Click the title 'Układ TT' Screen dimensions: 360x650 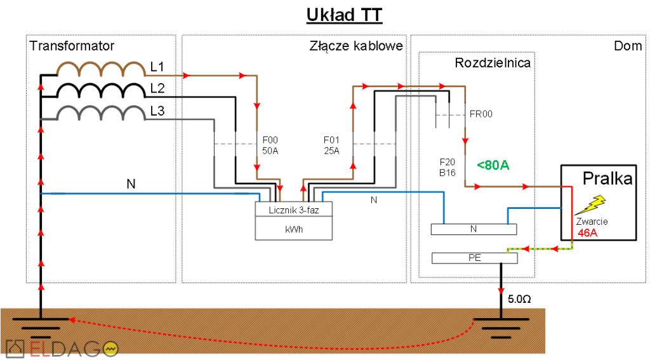click(344, 15)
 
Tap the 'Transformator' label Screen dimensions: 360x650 click(72, 46)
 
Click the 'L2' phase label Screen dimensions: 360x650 click(157, 89)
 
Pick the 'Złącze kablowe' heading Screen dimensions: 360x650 click(356, 46)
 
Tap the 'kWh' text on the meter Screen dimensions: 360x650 click(294, 229)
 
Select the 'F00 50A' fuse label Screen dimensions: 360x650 click(270, 145)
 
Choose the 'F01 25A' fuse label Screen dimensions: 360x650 click(331, 145)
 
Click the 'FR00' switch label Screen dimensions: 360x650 click(481, 114)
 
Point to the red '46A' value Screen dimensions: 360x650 click(588, 232)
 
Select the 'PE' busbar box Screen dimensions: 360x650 click(474, 258)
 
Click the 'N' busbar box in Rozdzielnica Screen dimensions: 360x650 click(474, 229)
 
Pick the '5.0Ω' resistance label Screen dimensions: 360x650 click(519, 298)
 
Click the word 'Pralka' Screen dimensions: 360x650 click(608, 179)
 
